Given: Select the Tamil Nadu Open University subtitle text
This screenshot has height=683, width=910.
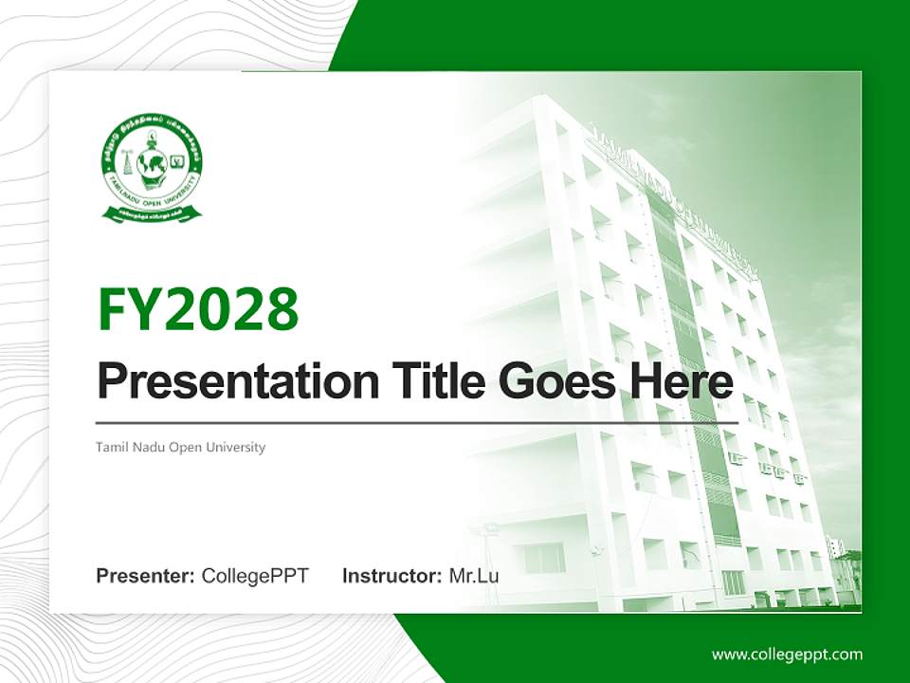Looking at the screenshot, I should coord(180,447).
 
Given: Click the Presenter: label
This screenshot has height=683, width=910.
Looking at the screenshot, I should coord(146,576).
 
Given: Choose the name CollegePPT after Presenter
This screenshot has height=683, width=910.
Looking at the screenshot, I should coord(255,576).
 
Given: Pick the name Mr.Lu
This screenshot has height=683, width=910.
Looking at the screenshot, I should coord(474,576).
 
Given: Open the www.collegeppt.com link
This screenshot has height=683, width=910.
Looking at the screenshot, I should coord(787,655).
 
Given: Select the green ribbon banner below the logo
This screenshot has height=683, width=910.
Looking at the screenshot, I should coord(152,214).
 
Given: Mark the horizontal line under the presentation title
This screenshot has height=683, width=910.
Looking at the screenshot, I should coord(417,422).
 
